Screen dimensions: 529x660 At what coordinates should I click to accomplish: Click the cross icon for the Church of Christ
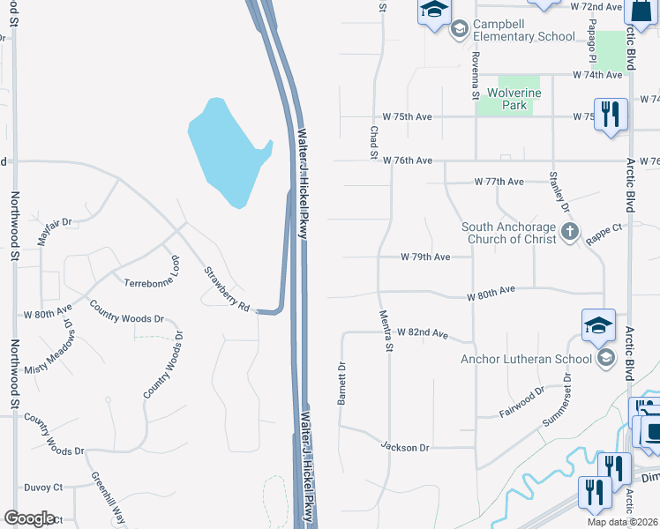(570, 233)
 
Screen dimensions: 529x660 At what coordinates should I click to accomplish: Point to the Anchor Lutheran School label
(526, 359)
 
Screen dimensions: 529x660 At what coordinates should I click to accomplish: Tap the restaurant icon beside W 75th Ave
(611, 114)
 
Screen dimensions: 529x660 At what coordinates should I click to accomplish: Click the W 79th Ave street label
(425, 257)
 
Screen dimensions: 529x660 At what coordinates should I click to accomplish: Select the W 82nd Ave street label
(423, 333)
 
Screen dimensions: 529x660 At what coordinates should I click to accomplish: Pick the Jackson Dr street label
(405, 448)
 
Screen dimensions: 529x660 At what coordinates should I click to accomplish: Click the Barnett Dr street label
(340, 383)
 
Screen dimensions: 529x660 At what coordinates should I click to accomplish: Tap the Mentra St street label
(386, 331)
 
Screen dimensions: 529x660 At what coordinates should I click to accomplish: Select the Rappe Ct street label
(605, 227)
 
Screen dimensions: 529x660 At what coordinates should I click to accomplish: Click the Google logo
(29, 518)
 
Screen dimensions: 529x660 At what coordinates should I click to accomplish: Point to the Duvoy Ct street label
(43, 487)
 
